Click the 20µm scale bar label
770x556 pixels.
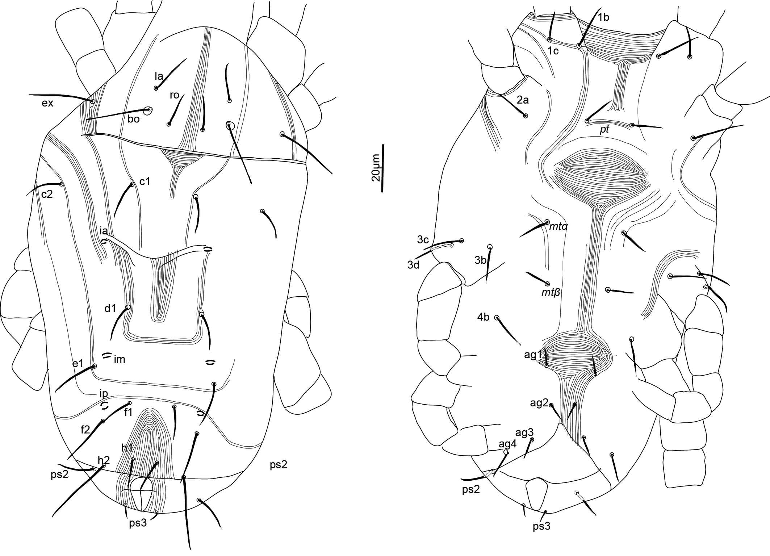376,168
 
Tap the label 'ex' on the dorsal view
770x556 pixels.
47,103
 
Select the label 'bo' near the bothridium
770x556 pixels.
134,119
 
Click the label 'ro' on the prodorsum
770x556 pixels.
175,95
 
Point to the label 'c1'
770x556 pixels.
145,181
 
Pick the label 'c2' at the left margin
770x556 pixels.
47,194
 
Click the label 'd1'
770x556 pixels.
110,308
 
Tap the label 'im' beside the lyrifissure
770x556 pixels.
120,359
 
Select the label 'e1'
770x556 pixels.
78,363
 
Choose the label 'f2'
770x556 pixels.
85,430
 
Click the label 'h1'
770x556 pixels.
127,448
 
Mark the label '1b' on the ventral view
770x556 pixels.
603,17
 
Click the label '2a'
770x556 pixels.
523,100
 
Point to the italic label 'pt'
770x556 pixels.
604,129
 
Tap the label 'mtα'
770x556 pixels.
558,227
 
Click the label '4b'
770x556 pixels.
483,317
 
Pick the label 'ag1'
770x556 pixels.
533,355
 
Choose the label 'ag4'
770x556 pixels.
507,444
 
